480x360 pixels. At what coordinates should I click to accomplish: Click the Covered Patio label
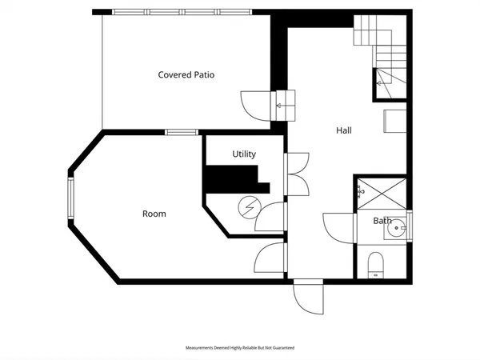click(186, 75)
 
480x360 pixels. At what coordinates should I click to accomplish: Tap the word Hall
click(343, 130)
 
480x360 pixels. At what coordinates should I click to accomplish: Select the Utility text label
click(244, 154)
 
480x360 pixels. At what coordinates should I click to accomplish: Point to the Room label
click(154, 214)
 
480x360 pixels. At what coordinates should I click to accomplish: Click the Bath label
click(382, 221)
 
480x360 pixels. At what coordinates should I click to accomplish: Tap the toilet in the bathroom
click(376, 265)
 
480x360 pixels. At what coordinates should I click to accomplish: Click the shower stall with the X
click(382, 192)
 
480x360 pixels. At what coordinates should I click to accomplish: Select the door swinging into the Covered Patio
click(255, 104)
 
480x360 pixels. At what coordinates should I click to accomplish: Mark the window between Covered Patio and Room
click(182, 132)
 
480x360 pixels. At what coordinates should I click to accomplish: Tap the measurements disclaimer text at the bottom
click(240, 348)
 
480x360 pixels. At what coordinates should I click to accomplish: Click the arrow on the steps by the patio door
click(282, 104)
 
